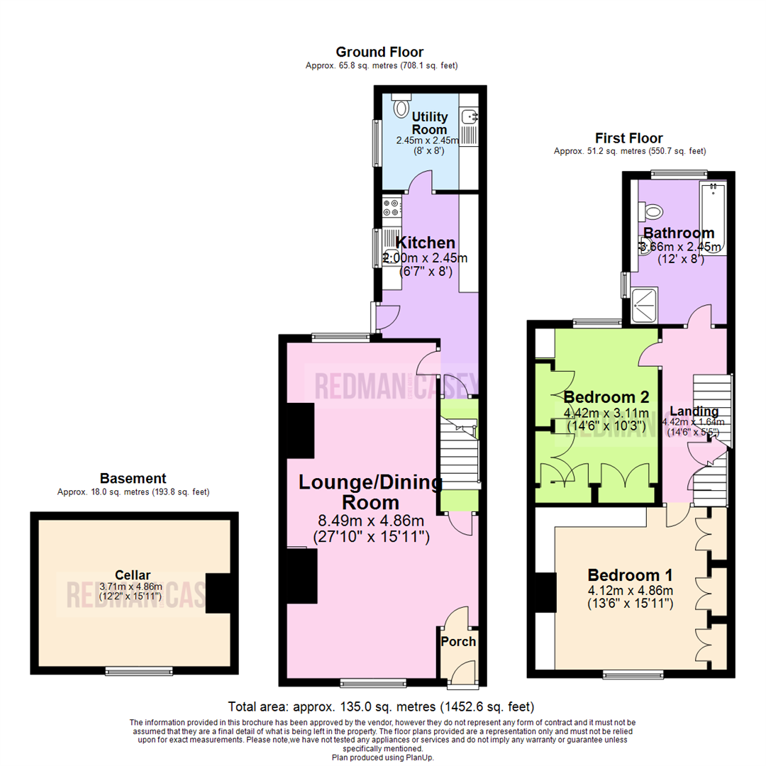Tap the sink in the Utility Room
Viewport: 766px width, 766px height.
coord(470,115)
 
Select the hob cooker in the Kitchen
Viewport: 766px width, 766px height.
coord(391,208)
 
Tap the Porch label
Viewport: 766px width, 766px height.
coord(458,641)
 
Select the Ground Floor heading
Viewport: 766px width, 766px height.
coord(379,52)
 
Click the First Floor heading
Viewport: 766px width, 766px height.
coord(628,138)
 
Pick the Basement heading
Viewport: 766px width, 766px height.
coord(133,478)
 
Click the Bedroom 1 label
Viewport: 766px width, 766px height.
coord(630,574)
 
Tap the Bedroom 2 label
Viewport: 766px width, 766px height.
coord(606,396)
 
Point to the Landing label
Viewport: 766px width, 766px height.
coord(694,411)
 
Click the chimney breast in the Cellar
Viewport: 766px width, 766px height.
coord(218,593)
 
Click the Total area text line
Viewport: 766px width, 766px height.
coord(380,707)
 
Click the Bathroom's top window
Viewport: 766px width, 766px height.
coord(679,172)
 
